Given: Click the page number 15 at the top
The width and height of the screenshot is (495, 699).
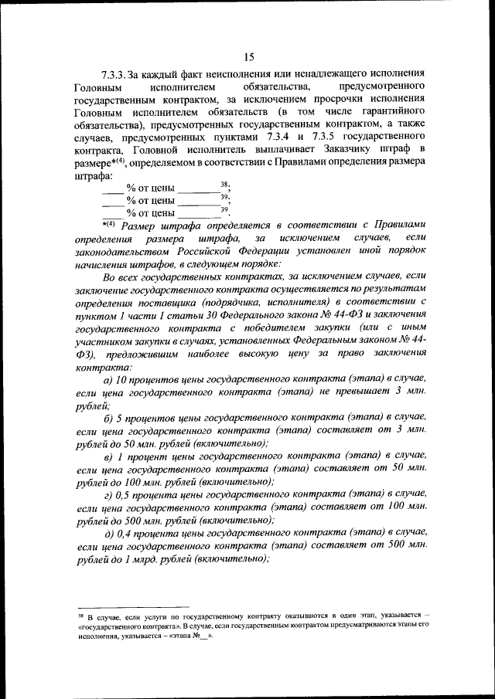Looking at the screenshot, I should point(248,56).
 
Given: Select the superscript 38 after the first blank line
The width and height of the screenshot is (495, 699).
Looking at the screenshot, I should point(224,183).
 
